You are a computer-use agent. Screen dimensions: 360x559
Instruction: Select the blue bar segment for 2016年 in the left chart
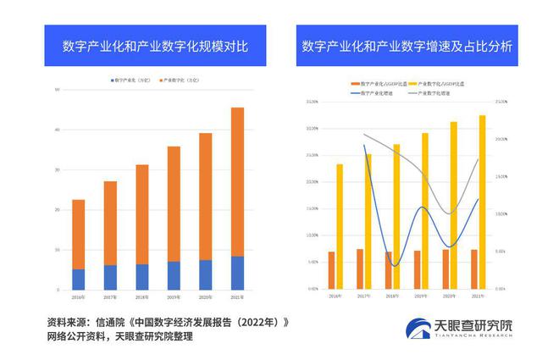tap(78, 280)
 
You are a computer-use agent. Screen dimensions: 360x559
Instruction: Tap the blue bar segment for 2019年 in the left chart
tap(174, 275)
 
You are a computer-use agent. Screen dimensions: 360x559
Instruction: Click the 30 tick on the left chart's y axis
tap(57, 169)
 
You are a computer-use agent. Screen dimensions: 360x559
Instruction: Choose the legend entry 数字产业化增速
tap(378, 91)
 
